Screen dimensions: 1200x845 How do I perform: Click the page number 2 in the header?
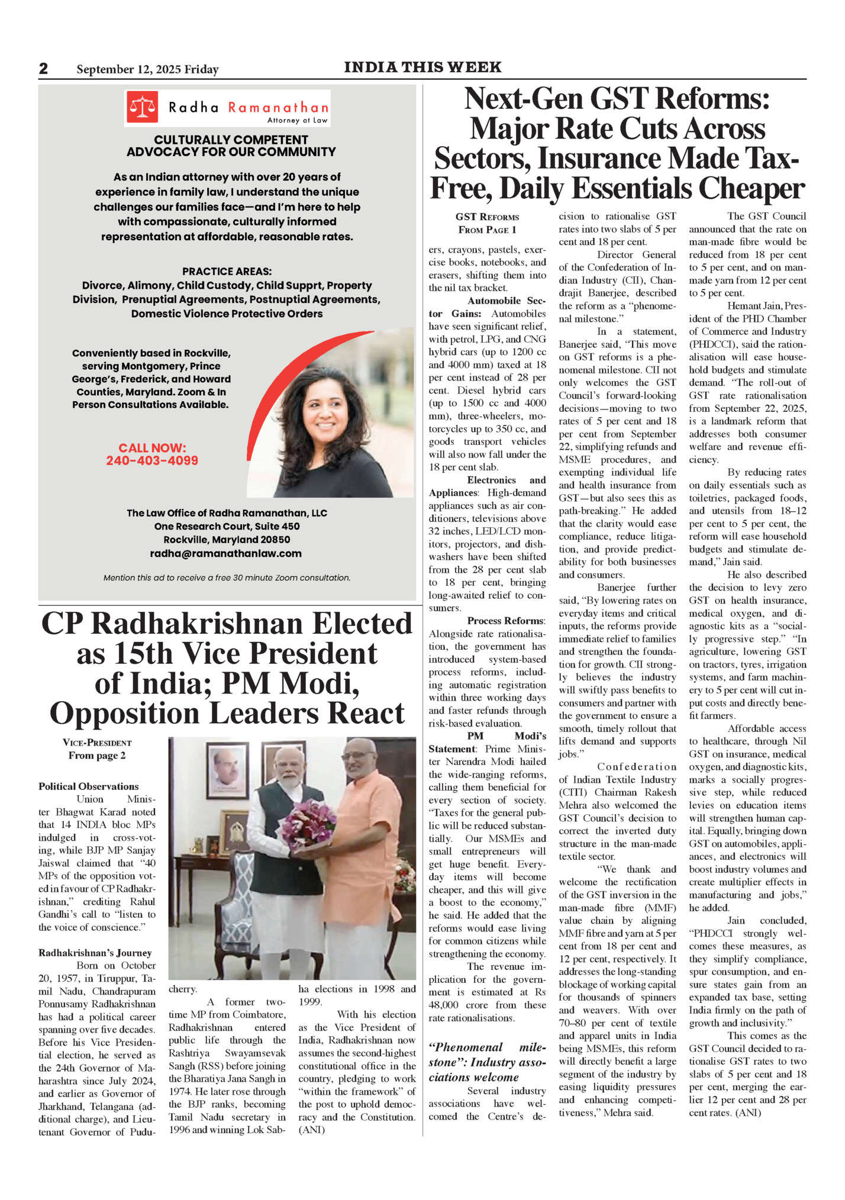(x=43, y=69)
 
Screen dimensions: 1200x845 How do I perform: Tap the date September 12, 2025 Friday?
(x=147, y=70)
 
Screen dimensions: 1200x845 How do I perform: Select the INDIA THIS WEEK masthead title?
(x=422, y=67)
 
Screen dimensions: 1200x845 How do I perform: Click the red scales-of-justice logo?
(x=142, y=107)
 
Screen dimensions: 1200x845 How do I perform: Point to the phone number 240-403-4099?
(x=152, y=461)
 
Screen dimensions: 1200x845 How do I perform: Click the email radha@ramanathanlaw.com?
(x=225, y=554)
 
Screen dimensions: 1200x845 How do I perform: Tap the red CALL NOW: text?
(x=152, y=448)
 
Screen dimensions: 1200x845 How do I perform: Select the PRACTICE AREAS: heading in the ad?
(x=227, y=272)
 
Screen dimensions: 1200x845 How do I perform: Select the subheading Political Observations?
(x=89, y=786)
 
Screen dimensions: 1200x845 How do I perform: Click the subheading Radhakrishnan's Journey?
(x=95, y=953)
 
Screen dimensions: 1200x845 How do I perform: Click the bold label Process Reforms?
(x=506, y=621)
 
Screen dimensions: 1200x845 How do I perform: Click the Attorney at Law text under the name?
(x=297, y=120)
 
